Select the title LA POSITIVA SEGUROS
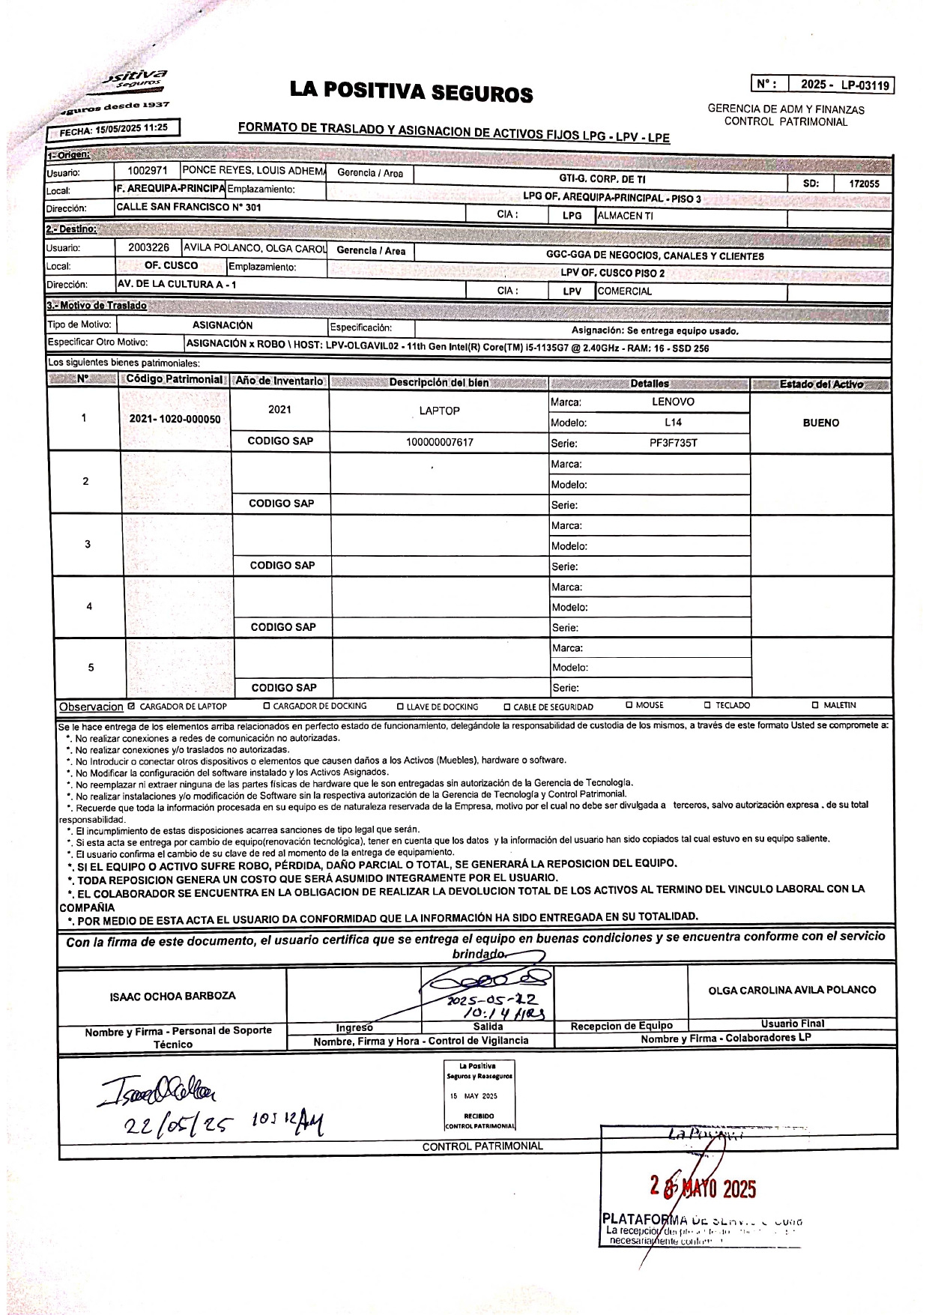point(411,92)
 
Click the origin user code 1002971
point(148,171)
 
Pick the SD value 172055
point(864,184)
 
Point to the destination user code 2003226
point(148,247)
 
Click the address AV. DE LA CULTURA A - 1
point(177,285)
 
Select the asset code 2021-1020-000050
point(175,419)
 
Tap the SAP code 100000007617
point(439,442)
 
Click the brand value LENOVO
point(673,402)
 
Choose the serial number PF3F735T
point(673,443)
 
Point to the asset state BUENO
point(820,423)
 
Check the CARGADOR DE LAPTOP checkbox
point(132,706)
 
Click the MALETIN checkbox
point(815,705)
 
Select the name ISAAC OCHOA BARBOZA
point(172,996)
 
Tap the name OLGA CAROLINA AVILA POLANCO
point(792,990)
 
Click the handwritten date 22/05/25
point(180,1124)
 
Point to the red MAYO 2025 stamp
point(703,1188)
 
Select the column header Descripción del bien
point(438,383)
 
